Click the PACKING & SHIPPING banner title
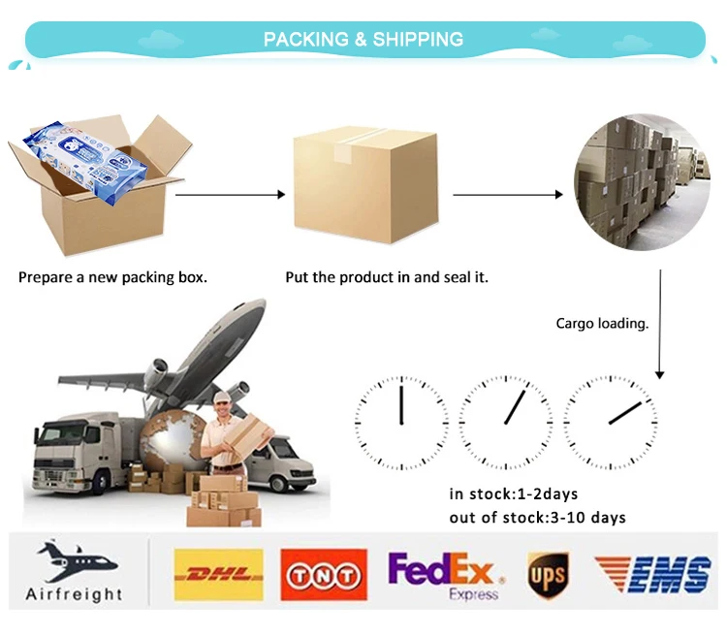(x=363, y=40)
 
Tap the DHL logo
(x=217, y=575)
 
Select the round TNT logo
(x=324, y=575)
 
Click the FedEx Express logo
(x=442, y=575)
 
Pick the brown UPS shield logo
(x=548, y=576)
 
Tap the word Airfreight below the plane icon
(x=75, y=594)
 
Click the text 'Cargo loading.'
(x=602, y=324)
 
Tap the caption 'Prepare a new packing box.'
(x=112, y=277)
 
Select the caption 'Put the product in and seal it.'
(x=387, y=277)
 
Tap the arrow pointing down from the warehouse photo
(x=660, y=324)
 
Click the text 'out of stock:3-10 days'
(x=537, y=517)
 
